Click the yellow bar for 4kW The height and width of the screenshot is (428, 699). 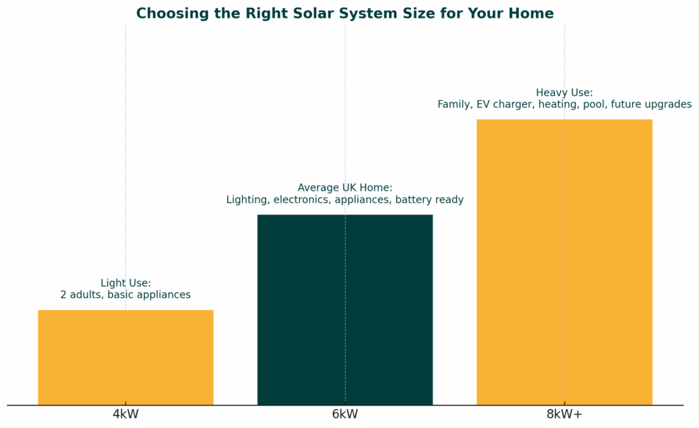point(126,357)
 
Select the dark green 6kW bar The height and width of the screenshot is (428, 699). point(345,309)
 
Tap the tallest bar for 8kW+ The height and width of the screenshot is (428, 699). point(564,262)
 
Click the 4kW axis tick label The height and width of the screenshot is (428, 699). point(126,414)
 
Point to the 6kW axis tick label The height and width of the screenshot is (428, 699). point(345,414)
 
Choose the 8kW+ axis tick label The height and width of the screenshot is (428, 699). point(564,414)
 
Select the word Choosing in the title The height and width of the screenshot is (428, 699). point(168,14)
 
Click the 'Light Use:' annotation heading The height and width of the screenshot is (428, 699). point(126,283)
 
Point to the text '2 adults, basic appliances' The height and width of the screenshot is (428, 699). point(126,295)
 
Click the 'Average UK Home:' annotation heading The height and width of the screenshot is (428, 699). point(345,187)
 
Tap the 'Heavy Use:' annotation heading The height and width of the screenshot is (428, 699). point(564,93)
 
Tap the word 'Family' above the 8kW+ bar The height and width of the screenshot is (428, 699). point(454,104)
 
